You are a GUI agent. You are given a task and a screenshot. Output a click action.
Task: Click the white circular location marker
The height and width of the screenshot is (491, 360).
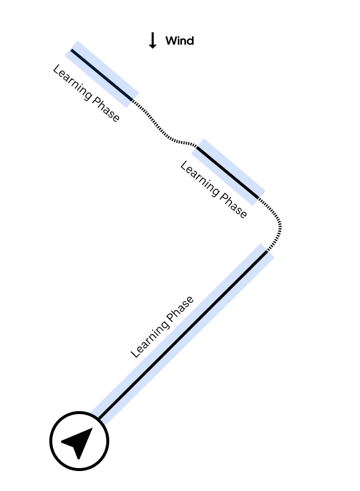(x=79, y=441)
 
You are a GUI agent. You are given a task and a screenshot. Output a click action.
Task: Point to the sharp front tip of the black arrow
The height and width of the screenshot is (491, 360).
(x=92, y=428)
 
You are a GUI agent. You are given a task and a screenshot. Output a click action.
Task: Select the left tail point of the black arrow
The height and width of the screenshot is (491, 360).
(x=62, y=441)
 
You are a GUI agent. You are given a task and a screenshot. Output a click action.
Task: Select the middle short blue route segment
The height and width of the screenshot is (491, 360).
(x=228, y=172)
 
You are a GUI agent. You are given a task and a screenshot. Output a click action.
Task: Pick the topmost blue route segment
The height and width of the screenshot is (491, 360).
(x=102, y=74)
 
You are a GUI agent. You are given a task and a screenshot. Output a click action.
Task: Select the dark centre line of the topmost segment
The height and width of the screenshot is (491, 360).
(x=102, y=74)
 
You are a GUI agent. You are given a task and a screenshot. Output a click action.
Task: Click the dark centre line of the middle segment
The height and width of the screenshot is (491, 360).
(x=228, y=172)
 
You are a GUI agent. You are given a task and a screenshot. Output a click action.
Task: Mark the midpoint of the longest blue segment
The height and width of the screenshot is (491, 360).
(x=183, y=334)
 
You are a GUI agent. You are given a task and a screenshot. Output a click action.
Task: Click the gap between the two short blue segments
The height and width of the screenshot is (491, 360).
(x=165, y=123)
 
